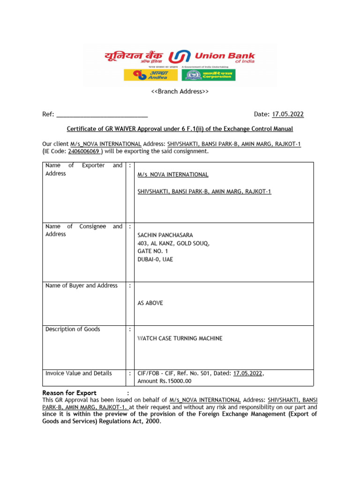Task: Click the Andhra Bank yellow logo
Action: pyautogui.click(x=150, y=75)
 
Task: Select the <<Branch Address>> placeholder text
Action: pyautogui.click(x=180, y=91)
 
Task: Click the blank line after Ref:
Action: pyautogui.click(x=102, y=114)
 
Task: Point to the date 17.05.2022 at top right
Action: pyautogui.click(x=288, y=114)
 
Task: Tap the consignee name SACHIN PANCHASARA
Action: pyautogui.click(x=165, y=235)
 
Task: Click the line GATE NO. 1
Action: pyautogui.click(x=152, y=251)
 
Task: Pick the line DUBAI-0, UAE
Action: pyautogui.click(x=155, y=259)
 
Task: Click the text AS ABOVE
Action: pyautogui.click(x=150, y=303)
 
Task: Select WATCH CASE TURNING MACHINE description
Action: pyautogui.click(x=180, y=338)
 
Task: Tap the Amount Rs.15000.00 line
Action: pyautogui.click(x=164, y=381)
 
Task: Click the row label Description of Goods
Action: pyautogui.click(x=73, y=330)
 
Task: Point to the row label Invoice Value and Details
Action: pyautogui.click(x=78, y=374)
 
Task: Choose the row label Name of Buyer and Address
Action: pyautogui.click(x=81, y=285)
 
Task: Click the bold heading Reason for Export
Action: pyautogui.click(x=69, y=393)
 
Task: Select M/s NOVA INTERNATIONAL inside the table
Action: pyautogui.click(x=172, y=175)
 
